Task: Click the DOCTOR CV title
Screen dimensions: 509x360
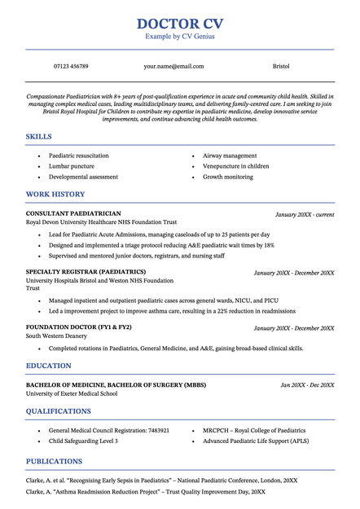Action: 179,24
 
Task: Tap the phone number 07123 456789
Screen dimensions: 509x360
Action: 71,66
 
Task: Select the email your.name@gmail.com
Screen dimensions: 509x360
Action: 173,66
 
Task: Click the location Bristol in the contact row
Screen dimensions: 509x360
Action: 280,66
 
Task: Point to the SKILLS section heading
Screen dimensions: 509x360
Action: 39,136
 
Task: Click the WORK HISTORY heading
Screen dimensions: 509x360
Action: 55,194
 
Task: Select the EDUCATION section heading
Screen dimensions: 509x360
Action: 49,366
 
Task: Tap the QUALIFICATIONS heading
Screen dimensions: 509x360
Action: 59,410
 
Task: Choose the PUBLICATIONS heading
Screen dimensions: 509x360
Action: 54,461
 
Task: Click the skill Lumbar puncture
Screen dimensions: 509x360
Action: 72,166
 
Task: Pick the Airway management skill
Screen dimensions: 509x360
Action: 230,156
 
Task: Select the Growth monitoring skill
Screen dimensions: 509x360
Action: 228,177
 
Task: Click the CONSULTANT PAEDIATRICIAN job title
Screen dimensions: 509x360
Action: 73,213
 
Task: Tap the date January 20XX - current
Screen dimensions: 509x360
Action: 305,214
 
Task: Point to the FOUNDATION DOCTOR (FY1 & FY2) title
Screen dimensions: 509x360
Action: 79,327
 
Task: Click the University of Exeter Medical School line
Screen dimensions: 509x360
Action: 72,393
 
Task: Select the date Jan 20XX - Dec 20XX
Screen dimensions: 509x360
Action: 307,384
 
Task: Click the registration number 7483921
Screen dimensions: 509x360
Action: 154,430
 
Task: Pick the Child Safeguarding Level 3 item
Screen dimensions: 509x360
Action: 83,441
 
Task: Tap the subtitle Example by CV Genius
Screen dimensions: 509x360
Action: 179,37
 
